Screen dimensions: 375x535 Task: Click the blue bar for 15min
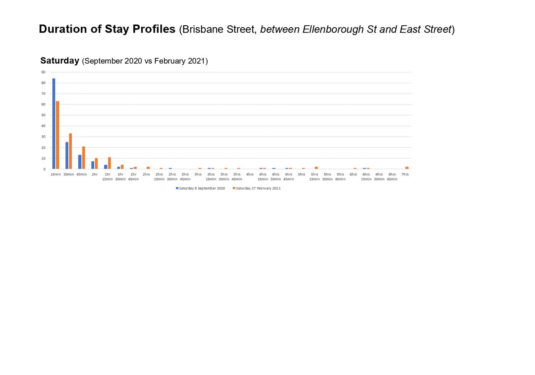[54, 124]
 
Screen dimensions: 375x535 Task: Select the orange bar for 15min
[58, 135]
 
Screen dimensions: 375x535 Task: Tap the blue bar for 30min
[67, 156]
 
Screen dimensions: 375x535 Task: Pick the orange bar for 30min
[71, 151]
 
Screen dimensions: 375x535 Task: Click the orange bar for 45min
[84, 158]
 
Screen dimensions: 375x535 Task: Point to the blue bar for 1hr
[93, 165]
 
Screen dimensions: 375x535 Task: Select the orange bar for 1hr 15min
[109, 163]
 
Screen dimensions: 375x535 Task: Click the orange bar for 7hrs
[407, 168]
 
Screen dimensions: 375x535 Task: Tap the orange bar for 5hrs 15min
[316, 168]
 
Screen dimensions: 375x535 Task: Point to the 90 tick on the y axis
[44, 72]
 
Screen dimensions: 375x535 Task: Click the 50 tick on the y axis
[44, 115]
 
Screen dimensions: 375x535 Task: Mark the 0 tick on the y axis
[44, 169]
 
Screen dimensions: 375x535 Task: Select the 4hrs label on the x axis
[250, 175]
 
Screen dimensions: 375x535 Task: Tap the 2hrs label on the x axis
[146, 175]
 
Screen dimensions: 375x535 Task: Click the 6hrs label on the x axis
[353, 175]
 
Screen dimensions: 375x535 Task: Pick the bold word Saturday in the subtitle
[60, 61]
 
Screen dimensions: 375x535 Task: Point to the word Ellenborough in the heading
[333, 29]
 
